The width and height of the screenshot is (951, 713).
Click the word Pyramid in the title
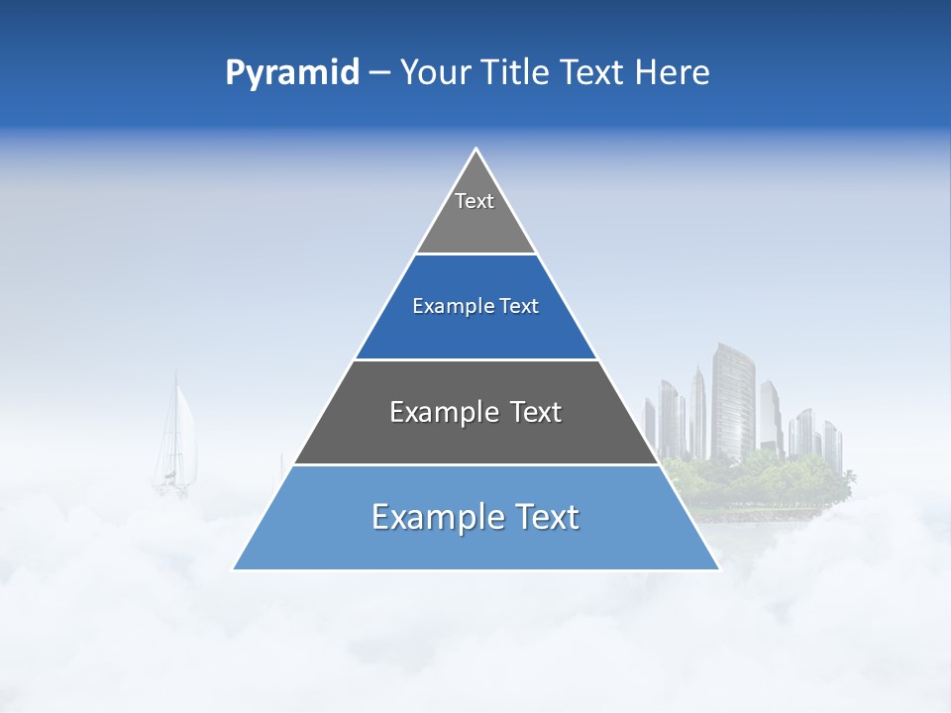pos(292,73)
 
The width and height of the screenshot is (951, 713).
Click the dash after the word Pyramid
pos(379,74)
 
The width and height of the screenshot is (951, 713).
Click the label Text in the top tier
pos(475,201)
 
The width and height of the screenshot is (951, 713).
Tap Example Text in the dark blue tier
pos(475,306)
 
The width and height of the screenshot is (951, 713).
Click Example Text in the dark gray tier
pos(475,412)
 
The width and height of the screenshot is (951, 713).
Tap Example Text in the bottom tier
pos(475,517)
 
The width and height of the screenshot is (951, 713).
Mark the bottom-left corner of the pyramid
pos(234,568)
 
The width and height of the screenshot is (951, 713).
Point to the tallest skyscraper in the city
pos(732,401)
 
